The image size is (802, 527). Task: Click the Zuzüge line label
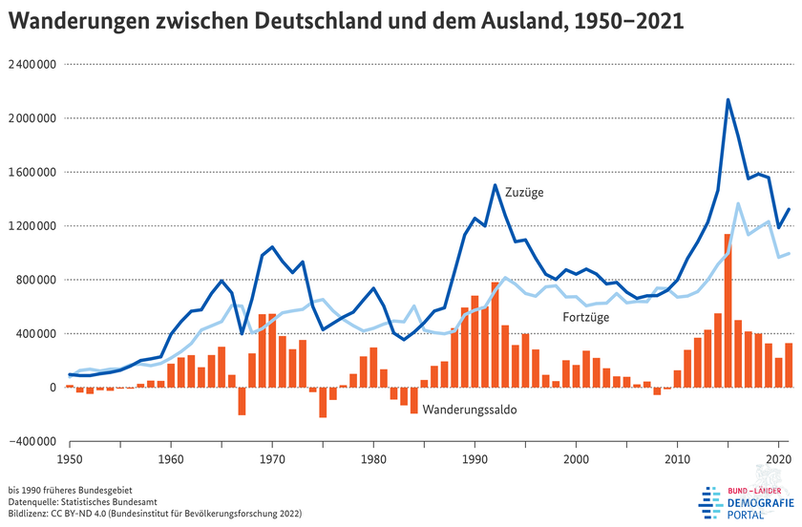(x=524, y=192)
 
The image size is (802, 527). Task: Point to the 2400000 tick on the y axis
(x=32, y=65)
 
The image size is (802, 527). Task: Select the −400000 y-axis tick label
(x=32, y=441)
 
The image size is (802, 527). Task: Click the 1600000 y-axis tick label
(x=32, y=173)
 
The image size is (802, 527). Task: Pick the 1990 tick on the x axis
(x=475, y=459)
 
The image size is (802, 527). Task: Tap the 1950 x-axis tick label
(x=69, y=459)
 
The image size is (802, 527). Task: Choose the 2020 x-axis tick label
(x=779, y=459)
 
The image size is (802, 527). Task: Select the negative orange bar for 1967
(x=242, y=401)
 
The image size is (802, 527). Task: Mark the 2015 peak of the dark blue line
(x=728, y=99)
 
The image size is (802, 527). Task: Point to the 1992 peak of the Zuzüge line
(x=496, y=185)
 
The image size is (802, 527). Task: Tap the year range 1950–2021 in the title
(x=624, y=22)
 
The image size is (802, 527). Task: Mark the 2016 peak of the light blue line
(x=739, y=203)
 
